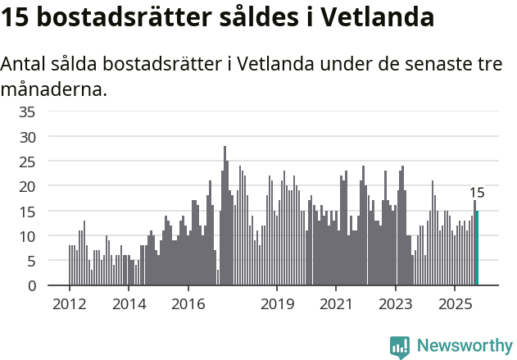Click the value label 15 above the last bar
click(x=477, y=194)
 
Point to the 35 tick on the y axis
click(x=28, y=112)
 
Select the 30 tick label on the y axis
click(x=28, y=136)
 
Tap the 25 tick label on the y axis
click(x=28, y=162)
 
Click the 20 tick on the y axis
click(x=28, y=186)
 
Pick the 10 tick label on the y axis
click(x=28, y=236)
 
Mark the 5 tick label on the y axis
click(x=31, y=261)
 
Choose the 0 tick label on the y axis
click(x=31, y=286)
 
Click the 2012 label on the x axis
click(x=69, y=304)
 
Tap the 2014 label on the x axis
click(x=129, y=304)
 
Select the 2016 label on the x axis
click(x=188, y=304)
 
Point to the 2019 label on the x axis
click(x=278, y=304)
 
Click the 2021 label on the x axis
click(x=337, y=304)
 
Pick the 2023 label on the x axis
click(x=397, y=304)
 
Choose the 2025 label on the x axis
click(x=456, y=304)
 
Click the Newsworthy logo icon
click(x=400, y=347)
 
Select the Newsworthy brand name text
click(x=464, y=346)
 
